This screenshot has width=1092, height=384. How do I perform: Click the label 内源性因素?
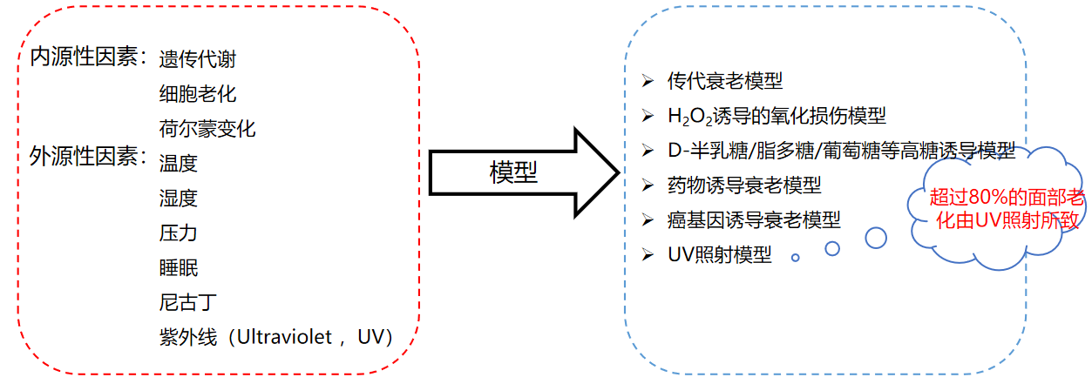84,57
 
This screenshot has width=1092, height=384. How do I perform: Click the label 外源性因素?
84,157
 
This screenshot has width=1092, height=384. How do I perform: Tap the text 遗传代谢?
197,59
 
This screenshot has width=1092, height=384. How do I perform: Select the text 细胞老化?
197,94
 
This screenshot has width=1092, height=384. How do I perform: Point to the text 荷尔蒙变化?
207,129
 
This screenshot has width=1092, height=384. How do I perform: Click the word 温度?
178,163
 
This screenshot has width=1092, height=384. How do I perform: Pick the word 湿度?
178,199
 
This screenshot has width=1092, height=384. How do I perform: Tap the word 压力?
178,233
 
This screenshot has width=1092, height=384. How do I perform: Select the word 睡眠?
178,268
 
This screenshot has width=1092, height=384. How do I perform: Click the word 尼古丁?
187,303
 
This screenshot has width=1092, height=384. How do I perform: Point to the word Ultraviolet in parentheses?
287,337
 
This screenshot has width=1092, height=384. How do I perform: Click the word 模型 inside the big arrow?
513,172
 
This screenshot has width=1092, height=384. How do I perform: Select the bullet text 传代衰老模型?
724,81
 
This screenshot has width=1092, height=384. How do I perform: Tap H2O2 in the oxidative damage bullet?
690,117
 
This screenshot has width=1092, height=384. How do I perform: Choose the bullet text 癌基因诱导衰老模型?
753,220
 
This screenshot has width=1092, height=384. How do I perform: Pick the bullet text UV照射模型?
719,255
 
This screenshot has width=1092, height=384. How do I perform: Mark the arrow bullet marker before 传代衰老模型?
648,81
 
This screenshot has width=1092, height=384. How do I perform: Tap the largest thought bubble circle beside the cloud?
876,237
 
